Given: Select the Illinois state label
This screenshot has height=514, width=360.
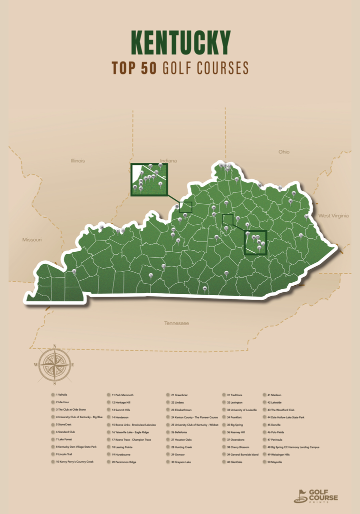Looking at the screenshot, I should pyautogui.click(x=77, y=161).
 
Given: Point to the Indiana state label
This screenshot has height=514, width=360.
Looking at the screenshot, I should pyautogui.click(x=168, y=161).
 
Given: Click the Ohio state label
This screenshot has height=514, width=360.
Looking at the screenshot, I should pyautogui.click(x=284, y=152).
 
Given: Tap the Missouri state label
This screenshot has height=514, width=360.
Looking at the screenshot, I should pyautogui.click(x=32, y=240).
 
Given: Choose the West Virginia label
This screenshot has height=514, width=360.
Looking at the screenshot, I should pyautogui.click(x=333, y=216).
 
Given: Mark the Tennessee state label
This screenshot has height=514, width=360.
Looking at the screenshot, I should pyautogui.click(x=176, y=323).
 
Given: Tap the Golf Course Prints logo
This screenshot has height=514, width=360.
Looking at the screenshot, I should pyautogui.click(x=316, y=495).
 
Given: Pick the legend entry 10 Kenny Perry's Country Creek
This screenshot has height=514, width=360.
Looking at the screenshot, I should pyautogui.click(x=74, y=462).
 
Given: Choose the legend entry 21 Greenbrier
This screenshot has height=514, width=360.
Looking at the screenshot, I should pyautogui.click(x=179, y=395).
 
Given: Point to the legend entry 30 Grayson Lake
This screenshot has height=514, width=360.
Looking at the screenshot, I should pyautogui.click(x=180, y=462).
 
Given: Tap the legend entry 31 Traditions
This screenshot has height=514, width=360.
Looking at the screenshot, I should pyautogui.click(x=235, y=395).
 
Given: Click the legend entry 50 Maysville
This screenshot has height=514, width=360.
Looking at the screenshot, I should pyautogui.click(x=274, y=462).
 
